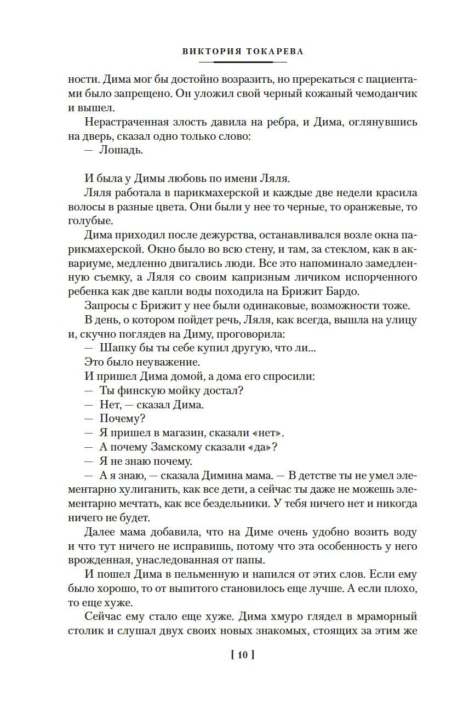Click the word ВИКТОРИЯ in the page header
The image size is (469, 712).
[x=208, y=52]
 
